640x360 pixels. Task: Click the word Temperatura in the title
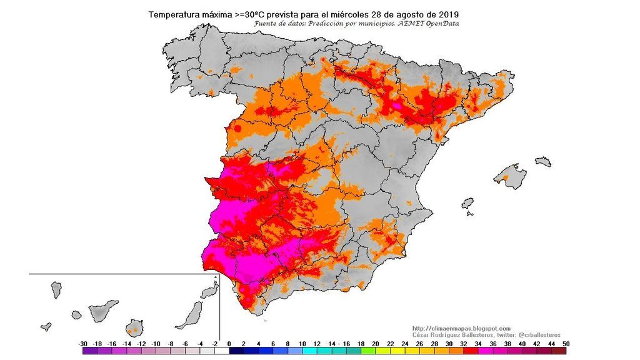pyautogui.click(x=172, y=14)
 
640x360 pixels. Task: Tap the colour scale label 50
pyautogui.click(x=566, y=344)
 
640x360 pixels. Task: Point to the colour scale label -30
pyautogui.click(x=82, y=344)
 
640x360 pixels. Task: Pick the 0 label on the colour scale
pyautogui.click(x=229, y=344)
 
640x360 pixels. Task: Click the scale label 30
pyautogui.click(x=448, y=344)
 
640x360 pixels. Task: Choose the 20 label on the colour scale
pyautogui.click(x=375, y=344)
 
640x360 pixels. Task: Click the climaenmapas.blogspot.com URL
pyautogui.click(x=462, y=328)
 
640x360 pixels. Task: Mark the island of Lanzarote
pyautogui.click(x=207, y=291)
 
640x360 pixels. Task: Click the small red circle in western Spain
pyautogui.click(x=237, y=129)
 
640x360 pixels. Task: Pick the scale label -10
pyautogui.click(x=156, y=344)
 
